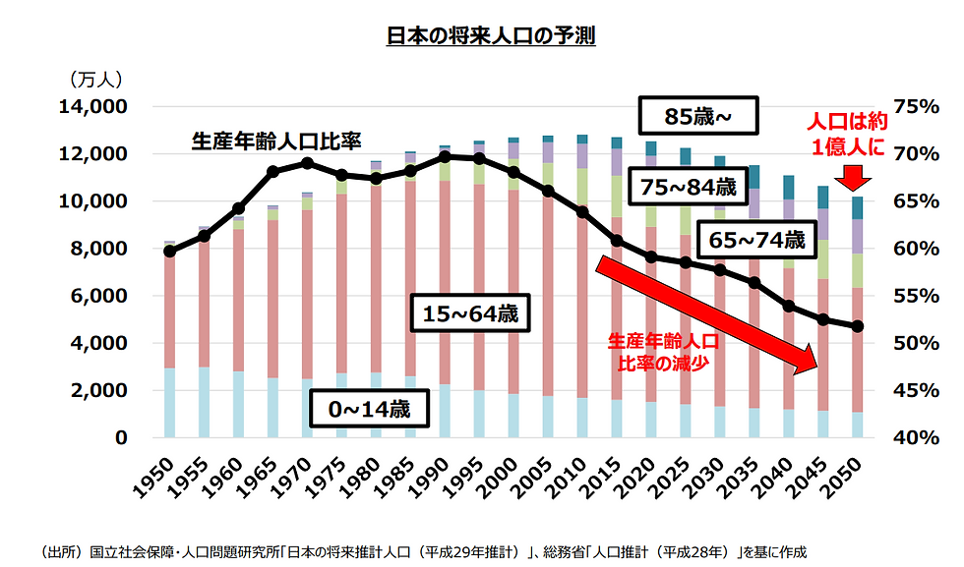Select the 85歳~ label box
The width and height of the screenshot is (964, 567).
tap(697, 118)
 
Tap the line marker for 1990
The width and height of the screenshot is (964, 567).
tap(445, 156)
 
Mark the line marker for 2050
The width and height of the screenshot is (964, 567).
tap(857, 326)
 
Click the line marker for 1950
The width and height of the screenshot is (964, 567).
tap(169, 252)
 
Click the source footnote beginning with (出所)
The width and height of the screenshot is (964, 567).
tap(423, 551)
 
